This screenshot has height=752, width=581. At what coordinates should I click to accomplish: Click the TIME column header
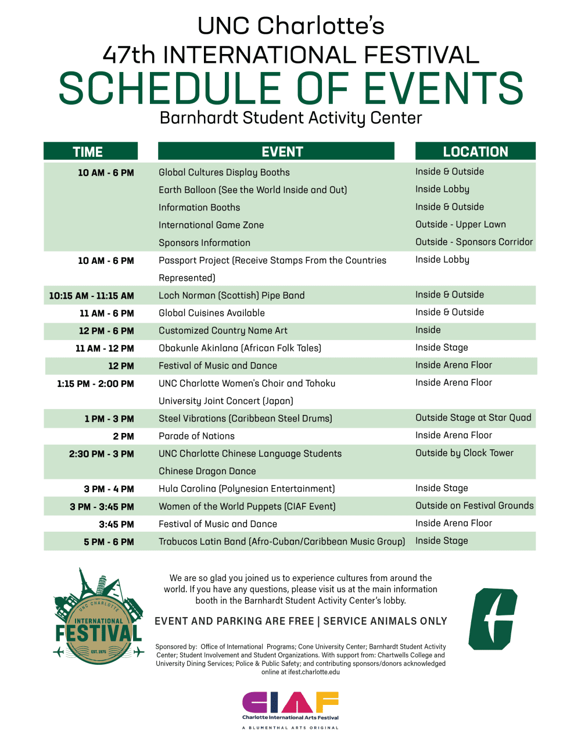pos(90,151)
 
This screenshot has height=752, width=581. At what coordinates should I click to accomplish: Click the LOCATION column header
pos(475,151)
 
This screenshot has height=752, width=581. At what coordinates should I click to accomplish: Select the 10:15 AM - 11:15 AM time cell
pos(91,295)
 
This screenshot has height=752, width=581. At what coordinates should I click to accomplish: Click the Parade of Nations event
pos(196,436)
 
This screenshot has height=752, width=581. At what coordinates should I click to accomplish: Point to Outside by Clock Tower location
pos(464,453)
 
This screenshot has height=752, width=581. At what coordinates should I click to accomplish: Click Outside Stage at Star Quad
pos(473,417)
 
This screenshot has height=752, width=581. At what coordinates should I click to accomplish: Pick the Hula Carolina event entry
pos(246,489)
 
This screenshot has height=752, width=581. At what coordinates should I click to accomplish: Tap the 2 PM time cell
pos(123,436)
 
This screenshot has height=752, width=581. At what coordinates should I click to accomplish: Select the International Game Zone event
pos(211,225)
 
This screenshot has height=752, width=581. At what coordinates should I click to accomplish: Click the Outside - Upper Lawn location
pos(460,224)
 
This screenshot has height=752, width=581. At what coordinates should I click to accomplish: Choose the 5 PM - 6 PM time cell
pos(109,542)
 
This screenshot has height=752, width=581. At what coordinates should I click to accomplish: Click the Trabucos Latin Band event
pos(281,542)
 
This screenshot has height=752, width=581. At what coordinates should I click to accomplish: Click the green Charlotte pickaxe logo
pos(493,618)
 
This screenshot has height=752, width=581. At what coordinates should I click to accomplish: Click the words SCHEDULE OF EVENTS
pos(290,89)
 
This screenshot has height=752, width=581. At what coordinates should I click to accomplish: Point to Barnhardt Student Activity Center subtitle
pos(290,118)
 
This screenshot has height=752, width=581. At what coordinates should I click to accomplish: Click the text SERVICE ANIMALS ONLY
pos(385,621)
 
